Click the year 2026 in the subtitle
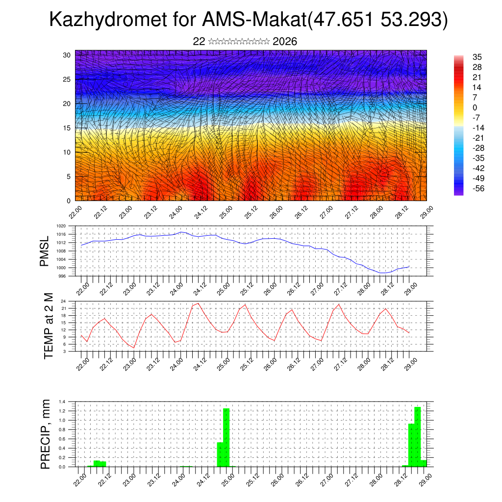pyautogui.click(x=285, y=42)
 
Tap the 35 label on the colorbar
pyautogui.click(x=477, y=57)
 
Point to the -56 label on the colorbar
pyautogui.click(x=477, y=188)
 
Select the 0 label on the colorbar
pyautogui.click(x=475, y=107)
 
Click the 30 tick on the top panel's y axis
pyautogui.click(x=67, y=55)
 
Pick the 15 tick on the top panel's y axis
pyautogui.click(x=67, y=128)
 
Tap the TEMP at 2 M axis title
pyautogui.click(x=49, y=326)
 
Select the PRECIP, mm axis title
pyautogui.click(x=46, y=434)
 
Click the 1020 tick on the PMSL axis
pyautogui.click(x=61, y=226)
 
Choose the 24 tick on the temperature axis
pyautogui.click(x=64, y=301)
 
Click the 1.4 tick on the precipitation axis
pyautogui.click(x=62, y=402)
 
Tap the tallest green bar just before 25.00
pyautogui.click(x=226, y=436)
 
